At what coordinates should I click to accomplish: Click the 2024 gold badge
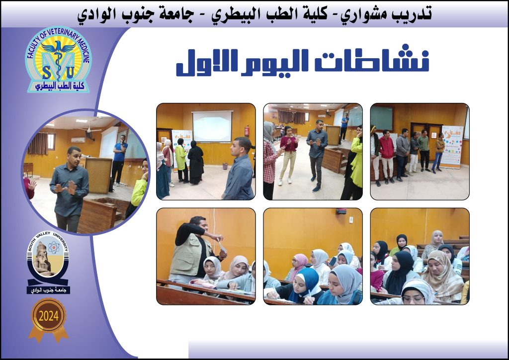click(49, 319)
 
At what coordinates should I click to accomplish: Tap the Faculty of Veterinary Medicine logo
click(58, 59)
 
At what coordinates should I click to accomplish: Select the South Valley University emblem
click(48, 262)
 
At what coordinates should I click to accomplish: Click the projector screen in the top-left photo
click(212, 126)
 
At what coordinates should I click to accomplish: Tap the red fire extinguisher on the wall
click(247, 131)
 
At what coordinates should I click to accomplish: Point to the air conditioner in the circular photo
click(78, 140)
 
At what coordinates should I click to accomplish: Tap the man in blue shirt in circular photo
click(119, 159)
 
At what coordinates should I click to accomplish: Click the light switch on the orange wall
click(351, 220)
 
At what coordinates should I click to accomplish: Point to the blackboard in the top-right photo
click(382, 118)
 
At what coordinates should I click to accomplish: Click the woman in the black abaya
click(195, 162)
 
